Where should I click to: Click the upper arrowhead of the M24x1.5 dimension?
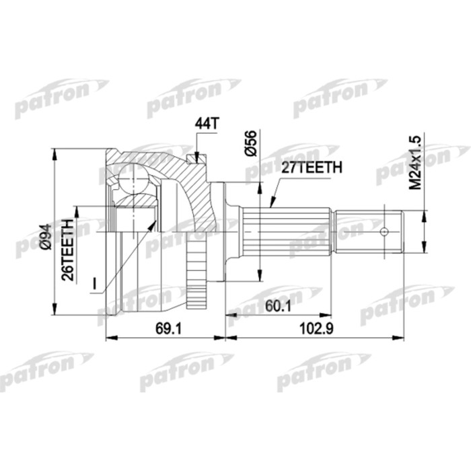click(x=424, y=213)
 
